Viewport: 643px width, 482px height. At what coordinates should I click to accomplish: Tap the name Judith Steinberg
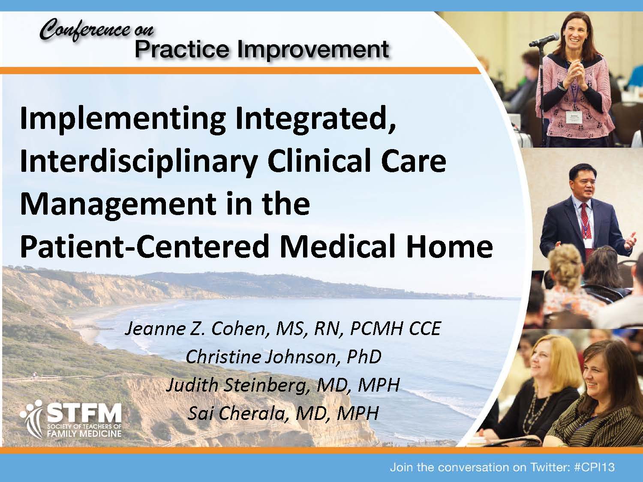(x=238, y=385)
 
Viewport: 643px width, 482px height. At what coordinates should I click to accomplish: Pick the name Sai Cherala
(x=236, y=413)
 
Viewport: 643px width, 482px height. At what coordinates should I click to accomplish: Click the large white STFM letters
(x=84, y=413)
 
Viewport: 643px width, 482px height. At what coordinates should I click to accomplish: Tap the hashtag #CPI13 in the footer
(x=594, y=467)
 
